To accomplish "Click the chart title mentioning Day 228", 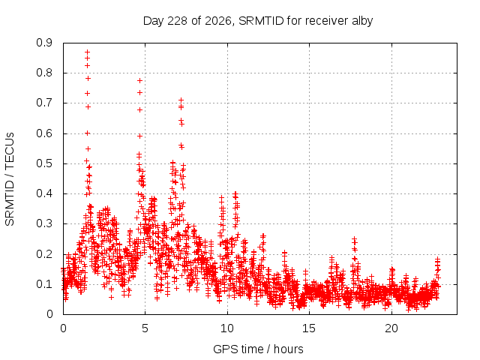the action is (x=258, y=21).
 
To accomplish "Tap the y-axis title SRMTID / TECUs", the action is (x=10, y=179).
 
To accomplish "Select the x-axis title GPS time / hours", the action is (x=258, y=349).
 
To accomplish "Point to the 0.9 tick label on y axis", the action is (x=44, y=43).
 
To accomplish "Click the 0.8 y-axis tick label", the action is (x=44, y=73).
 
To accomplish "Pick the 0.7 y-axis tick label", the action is (x=44, y=103).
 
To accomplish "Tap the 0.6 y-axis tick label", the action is (x=44, y=133).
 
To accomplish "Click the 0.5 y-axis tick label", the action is (x=44, y=163).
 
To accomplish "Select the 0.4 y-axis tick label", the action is (x=44, y=193).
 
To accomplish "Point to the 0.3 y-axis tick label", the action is (x=44, y=223).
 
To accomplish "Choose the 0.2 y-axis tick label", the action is (x=44, y=254).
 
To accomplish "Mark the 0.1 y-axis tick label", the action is (x=44, y=284).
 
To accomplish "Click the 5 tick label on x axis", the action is (x=145, y=328).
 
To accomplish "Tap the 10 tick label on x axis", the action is (x=227, y=328).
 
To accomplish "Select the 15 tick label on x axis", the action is (x=309, y=328).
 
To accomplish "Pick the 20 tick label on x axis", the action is (x=391, y=328).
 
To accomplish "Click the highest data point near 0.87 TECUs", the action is (x=88, y=52).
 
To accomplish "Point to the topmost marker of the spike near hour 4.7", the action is (x=140, y=81).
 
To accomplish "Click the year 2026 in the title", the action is (x=218, y=21).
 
